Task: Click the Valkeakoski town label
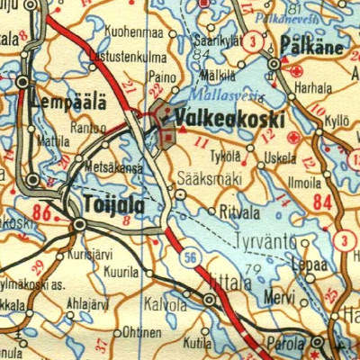tap(231, 119)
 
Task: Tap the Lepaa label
tap(305, 265)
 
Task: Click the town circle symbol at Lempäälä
tap(22, 82)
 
